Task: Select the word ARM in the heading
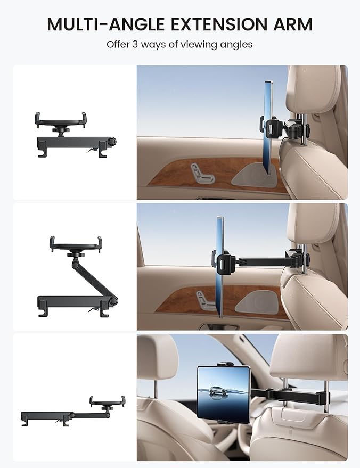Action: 292,24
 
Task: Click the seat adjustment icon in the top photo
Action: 200,172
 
